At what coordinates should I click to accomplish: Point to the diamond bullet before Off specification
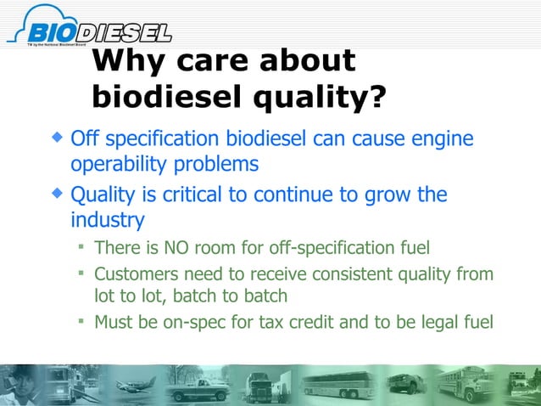[57, 136]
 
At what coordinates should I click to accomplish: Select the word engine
[443, 138]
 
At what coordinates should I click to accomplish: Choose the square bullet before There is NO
[81, 248]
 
